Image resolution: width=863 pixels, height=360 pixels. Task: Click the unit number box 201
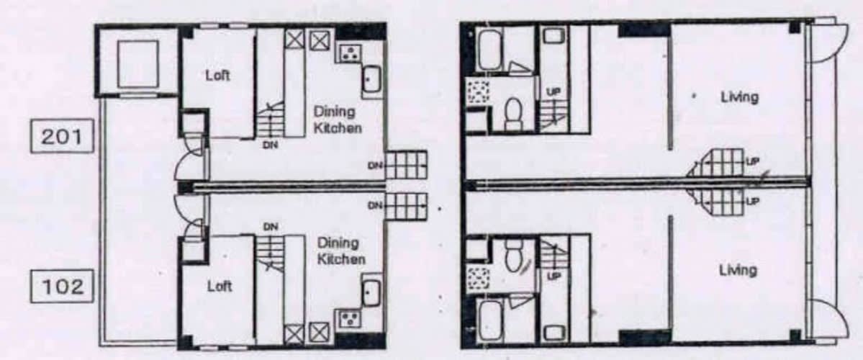pyautogui.click(x=62, y=135)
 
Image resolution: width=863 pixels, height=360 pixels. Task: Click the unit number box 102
pyautogui.click(x=62, y=286)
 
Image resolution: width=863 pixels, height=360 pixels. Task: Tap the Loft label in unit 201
pyautogui.click(x=217, y=76)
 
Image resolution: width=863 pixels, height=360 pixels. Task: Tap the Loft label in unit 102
pyautogui.click(x=219, y=287)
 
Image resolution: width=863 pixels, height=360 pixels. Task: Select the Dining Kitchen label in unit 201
pyautogui.click(x=338, y=120)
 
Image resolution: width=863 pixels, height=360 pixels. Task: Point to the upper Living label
pyautogui.click(x=740, y=98)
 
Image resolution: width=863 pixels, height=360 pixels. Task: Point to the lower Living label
pyautogui.click(x=738, y=270)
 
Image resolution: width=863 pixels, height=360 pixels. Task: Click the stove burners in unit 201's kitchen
pyautogui.click(x=348, y=53)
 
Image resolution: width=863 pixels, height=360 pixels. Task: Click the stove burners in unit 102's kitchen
pyautogui.click(x=349, y=318)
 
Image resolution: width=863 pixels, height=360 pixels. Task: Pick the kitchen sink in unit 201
pyautogui.click(x=371, y=78)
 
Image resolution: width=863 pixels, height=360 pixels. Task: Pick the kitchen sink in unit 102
pyautogui.click(x=371, y=292)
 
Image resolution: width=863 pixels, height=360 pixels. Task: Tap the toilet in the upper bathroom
pyautogui.click(x=513, y=113)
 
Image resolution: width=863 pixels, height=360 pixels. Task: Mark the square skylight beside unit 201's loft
pyautogui.click(x=138, y=63)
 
